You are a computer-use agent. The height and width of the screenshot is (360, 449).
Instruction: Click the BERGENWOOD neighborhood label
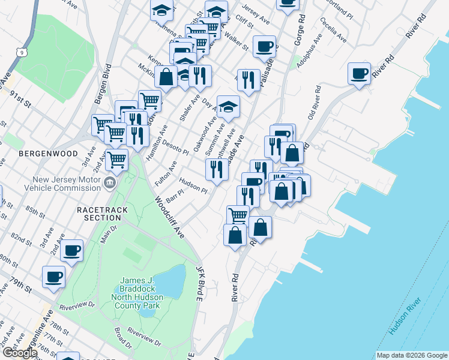coord(48,154)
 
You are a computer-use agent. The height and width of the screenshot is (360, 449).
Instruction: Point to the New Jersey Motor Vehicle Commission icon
coord(109,183)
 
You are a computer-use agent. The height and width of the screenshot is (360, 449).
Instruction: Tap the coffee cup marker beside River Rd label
coord(360,74)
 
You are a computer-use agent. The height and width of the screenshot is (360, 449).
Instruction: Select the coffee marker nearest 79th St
coord(53,277)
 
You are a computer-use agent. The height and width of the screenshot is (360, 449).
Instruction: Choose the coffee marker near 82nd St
coord(71,250)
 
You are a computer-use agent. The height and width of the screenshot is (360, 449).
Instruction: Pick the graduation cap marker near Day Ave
coord(228,107)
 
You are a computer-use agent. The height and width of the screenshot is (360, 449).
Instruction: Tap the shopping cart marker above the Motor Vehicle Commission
coord(117,160)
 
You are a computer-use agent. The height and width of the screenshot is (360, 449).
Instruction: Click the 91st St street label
coord(20,97)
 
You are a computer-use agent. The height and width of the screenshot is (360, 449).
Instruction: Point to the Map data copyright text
coord(411,355)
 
